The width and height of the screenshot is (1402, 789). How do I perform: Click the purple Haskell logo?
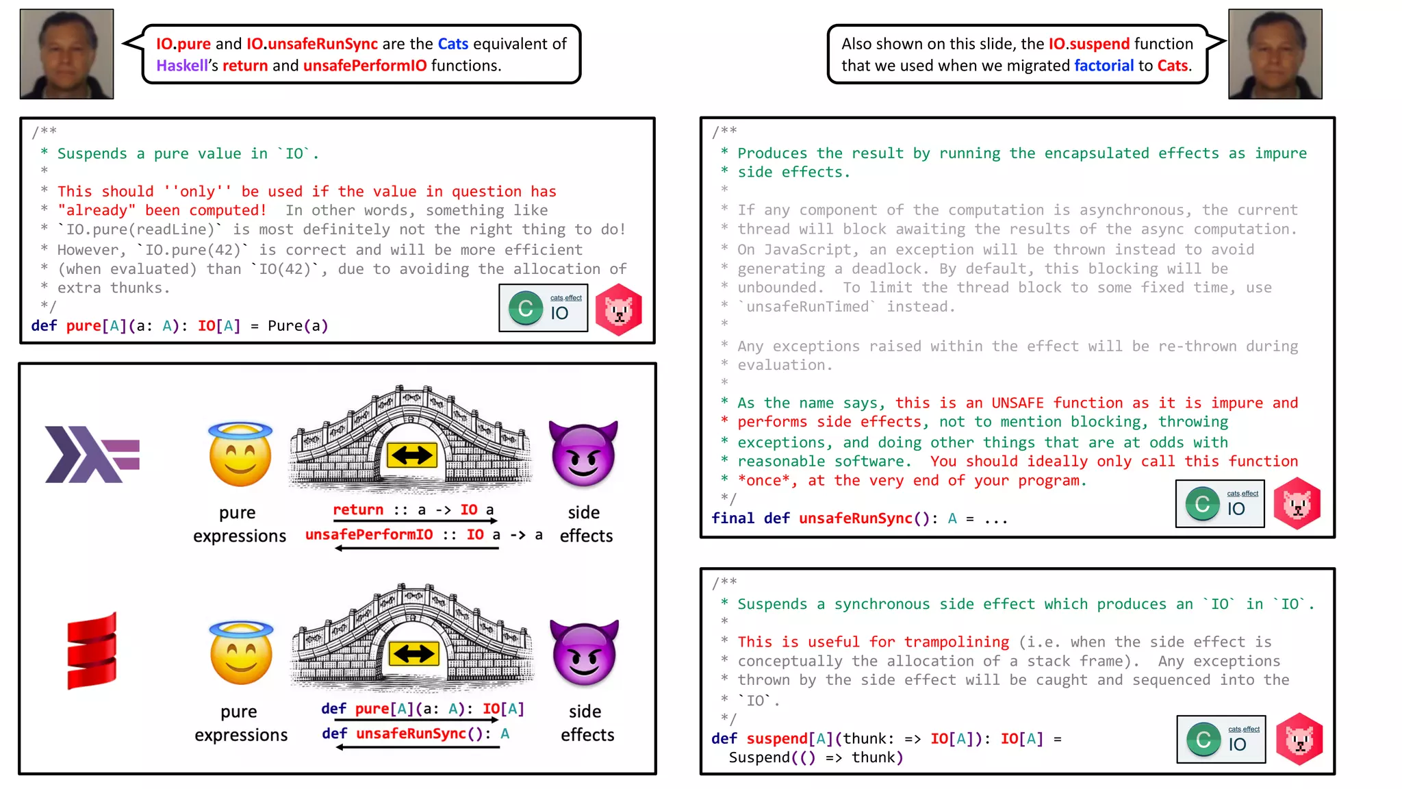(92, 454)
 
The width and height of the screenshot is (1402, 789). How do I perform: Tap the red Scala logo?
(92, 651)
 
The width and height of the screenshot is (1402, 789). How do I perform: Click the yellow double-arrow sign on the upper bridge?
(411, 455)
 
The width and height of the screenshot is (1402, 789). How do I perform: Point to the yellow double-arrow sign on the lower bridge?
(413, 653)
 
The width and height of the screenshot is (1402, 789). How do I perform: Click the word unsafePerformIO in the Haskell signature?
(369, 534)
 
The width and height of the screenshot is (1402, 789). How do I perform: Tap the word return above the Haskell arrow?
(358, 510)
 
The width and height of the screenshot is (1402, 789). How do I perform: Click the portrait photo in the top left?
(66, 54)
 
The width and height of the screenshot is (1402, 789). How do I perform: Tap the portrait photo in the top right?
(1275, 54)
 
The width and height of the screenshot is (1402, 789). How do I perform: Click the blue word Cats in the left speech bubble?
(453, 44)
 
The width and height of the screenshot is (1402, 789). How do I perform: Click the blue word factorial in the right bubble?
(1104, 66)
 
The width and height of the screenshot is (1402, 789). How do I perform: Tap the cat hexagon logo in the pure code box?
(619, 310)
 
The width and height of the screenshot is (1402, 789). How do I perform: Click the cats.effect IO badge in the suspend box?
(1221, 739)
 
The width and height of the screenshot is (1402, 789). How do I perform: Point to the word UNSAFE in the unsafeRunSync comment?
(1017, 403)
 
